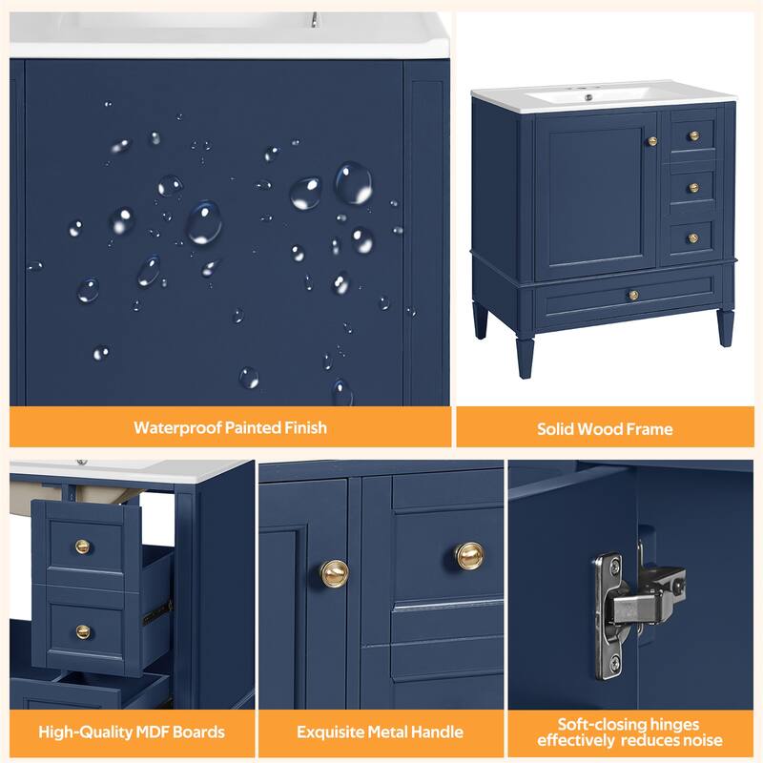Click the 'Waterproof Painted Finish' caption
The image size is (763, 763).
pyautogui.click(x=230, y=427)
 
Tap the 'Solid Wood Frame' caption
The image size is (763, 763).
pyautogui.click(x=605, y=428)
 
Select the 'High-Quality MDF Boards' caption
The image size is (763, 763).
pyautogui.click(x=132, y=732)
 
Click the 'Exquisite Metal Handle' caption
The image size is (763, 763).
pyautogui.click(x=379, y=732)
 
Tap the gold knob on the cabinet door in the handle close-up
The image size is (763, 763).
pyautogui.click(x=334, y=572)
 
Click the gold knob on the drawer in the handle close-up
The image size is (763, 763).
pyautogui.click(x=468, y=555)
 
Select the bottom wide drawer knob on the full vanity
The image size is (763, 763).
pyautogui.click(x=631, y=296)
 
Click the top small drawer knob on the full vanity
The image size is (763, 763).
pyautogui.click(x=693, y=136)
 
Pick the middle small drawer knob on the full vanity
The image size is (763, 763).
pyautogui.click(x=693, y=187)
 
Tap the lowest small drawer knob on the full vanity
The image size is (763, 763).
pyautogui.click(x=693, y=237)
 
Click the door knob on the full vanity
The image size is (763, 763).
pyautogui.click(x=652, y=141)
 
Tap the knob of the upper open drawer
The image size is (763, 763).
pyautogui.click(x=83, y=546)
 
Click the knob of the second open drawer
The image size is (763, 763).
pyautogui.click(x=83, y=631)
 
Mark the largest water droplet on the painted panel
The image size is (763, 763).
pyautogui.click(x=203, y=222)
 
